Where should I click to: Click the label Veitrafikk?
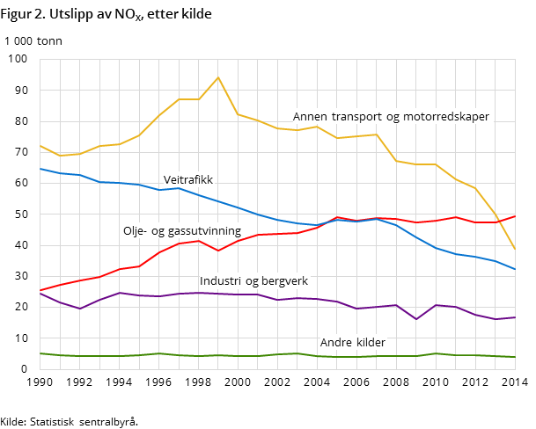click(188, 180)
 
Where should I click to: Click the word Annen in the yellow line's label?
click(310, 117)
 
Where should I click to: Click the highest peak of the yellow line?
click(218, 77)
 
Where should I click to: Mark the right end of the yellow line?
click(515, 249)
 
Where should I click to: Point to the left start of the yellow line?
click(40, 146)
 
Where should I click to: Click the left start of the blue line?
click(40, 169)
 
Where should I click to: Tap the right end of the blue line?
click(515, 269)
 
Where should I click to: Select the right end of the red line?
click(515, 216)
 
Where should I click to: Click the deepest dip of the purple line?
click(416, 319)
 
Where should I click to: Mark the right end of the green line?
click(515, 357)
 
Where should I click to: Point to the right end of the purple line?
click(515, 317)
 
